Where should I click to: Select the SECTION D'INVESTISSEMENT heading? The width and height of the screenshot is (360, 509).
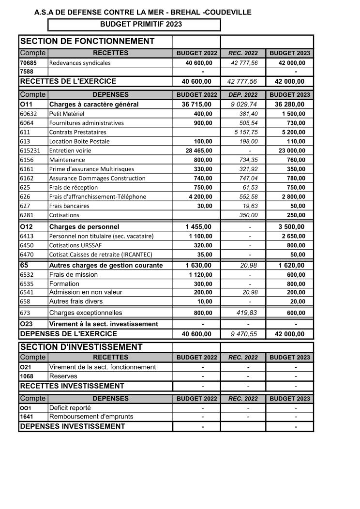pyautogui.click(x=81, y=347)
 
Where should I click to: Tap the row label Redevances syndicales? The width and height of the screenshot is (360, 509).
pyautogui.click(x=80, y=63)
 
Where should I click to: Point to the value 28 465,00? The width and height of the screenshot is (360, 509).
pyautogui.click(x=197, y=150)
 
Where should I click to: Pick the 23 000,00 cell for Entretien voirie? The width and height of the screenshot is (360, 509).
pyautogui.click(x=289, y=150)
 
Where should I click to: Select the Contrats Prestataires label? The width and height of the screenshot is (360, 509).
pyautogui.click(x=77, y=132)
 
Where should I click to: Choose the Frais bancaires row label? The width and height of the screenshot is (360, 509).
pyautogui.click(x=69, y=206)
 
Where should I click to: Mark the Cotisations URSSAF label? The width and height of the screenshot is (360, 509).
pyautogui.click(x=75, y=245)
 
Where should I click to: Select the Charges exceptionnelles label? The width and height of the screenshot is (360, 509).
pyautogui.click(x=86, y=313)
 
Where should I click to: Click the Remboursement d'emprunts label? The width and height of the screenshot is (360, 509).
pyautogui.click(x=91, y=417)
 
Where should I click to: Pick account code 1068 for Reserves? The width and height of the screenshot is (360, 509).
pyautogui.click(x=27, y=376)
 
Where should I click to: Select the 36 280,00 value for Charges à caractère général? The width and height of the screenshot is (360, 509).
pyautogui.click(x=290, y=104)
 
